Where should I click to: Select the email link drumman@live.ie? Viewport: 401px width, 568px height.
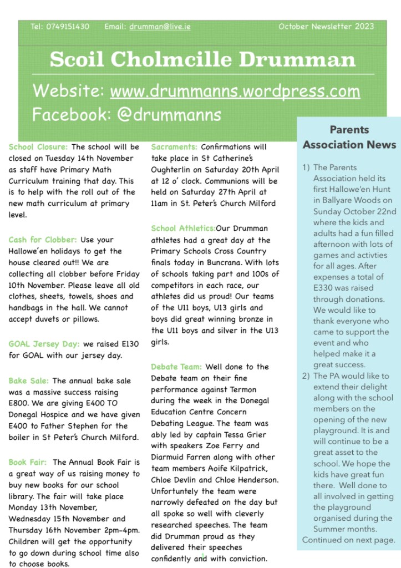(x=160, y=26)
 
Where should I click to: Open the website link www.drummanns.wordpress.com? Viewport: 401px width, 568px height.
(x=235, y=91)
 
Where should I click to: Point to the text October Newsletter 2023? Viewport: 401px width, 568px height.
(x=326, y=26)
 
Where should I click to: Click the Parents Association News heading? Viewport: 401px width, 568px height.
(x=349, y=137)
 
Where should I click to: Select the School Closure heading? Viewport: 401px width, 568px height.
(x=38, y=147)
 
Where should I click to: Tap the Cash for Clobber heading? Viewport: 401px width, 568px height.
(x=43, y=240)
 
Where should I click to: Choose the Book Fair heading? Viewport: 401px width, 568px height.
(x=28, y=462)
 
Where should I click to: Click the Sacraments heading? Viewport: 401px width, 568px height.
(x=174, y=147)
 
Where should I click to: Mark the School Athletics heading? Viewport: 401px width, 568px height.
(x=183, y=228)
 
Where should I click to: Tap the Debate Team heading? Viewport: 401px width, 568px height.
(x=176, y=367)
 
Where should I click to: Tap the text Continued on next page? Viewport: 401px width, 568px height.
(x=349, y=540)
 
